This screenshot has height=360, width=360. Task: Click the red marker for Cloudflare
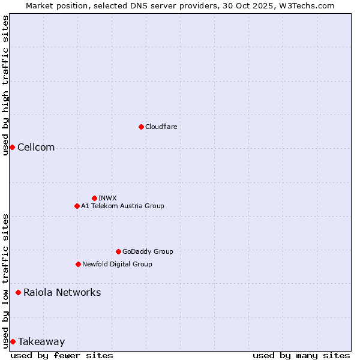141,127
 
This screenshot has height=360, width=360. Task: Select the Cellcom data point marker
12,148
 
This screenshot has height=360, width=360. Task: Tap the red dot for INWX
94,198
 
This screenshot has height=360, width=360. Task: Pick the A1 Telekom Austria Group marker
77,206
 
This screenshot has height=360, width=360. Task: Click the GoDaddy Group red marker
118,251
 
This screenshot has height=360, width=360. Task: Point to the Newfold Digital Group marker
78,264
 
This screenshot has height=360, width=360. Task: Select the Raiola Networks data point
18,292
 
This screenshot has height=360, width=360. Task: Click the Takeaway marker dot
13,341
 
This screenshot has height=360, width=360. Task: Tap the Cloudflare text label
161,127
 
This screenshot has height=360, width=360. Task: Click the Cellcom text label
36,148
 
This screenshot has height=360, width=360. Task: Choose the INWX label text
107,198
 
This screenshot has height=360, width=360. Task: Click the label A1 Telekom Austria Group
122,206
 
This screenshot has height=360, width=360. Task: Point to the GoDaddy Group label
148,251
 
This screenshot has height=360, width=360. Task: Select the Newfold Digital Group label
117,264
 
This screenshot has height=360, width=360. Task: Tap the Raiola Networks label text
62,292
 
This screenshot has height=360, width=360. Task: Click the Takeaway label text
41,341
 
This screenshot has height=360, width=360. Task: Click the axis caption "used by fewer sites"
62,355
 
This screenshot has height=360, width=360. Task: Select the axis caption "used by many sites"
301,355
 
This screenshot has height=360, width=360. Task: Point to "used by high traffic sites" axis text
5,85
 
